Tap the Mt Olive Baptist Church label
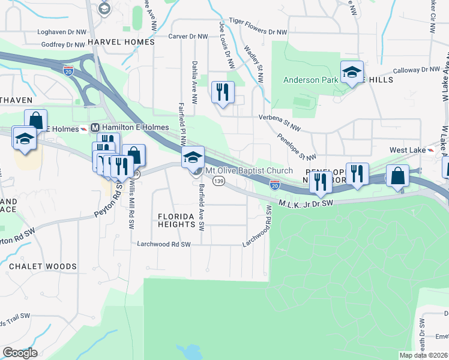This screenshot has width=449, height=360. (x=249, y=171)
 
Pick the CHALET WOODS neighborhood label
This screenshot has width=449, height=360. (x=43, y=266)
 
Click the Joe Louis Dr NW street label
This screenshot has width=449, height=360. (x=226, y=45)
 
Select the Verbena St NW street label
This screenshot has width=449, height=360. (x=279, y=118)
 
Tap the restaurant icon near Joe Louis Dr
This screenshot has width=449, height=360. (x=223, y=92)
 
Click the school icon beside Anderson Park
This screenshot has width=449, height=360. (x=352, y=72)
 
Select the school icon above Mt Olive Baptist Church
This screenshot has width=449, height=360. (x=193, y=157)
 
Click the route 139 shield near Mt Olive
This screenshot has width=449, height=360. (x=220, y=181)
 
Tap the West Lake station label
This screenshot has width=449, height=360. (x=408, y=149)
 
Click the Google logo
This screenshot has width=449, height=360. (x=20, y=353)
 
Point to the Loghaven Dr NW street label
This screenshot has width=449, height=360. (x=62, y=32)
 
